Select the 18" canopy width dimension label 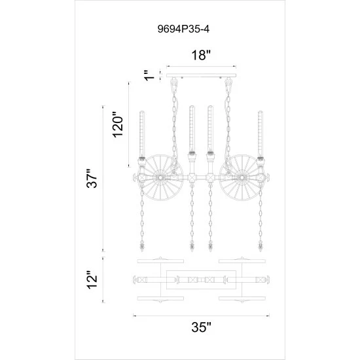pos(200,56)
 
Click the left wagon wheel pos(159,177)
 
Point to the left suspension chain pos(173,124)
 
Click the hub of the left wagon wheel pos(159,177)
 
